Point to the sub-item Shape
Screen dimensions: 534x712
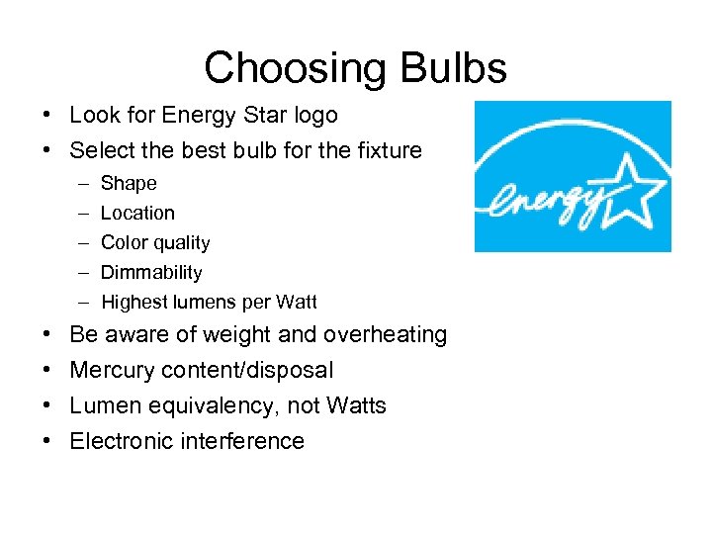tap(129, 183)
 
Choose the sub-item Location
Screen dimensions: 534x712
tap(137, 213)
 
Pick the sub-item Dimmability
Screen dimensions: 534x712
tap(151, 272)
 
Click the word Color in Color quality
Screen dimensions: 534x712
tap(122, 242)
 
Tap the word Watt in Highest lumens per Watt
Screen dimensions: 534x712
tap(297, 302)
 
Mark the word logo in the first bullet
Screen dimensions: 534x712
tap(315, 116)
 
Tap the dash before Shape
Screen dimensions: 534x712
tap(78, 183)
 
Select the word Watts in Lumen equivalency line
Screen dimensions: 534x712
tap(354, 406)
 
